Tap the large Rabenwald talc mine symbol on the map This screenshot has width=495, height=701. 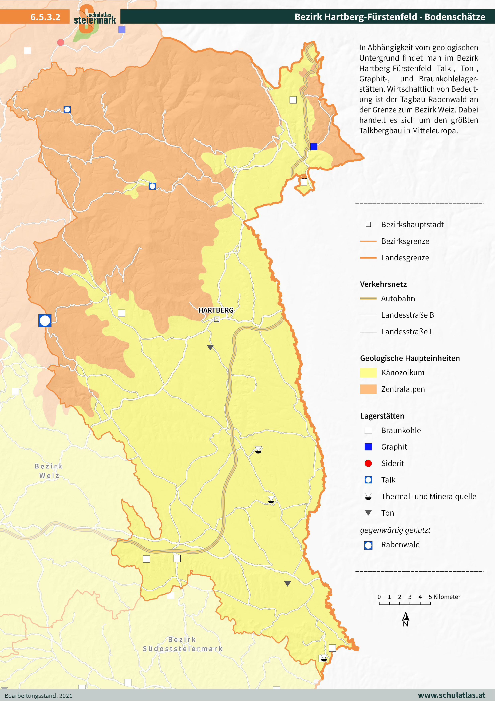coord(45,321)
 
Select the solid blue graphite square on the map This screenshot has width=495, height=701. coord(313,147)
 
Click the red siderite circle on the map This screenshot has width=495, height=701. coord(60,42)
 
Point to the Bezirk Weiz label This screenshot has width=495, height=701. coord(49,471)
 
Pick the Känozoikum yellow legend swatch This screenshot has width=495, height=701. coord(368,373)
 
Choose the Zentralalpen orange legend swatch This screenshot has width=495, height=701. coord(368,389)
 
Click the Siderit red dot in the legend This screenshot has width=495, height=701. coord(368,463)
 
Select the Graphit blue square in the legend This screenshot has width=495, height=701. coord(368,447)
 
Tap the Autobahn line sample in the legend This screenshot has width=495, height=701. coord(368,299)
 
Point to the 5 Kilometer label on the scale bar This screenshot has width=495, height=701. coord(444,597)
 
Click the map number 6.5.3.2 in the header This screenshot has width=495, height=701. coord(45,17)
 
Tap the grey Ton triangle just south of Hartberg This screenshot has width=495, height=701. coord(210,347)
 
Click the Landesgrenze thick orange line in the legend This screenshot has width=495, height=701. coord(368,258)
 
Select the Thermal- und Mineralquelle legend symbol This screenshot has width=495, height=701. coord(368,496)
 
